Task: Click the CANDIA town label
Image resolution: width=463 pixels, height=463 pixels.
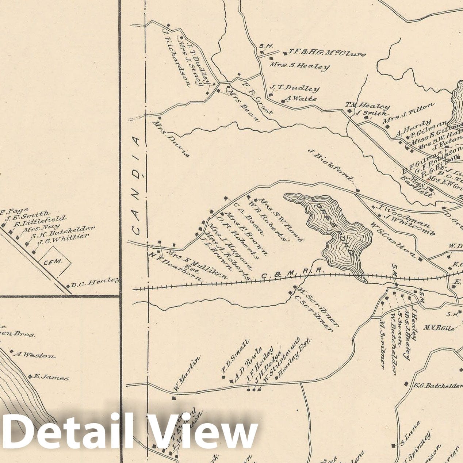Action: [135, 186]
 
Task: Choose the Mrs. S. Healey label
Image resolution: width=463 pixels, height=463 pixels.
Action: [299, 66]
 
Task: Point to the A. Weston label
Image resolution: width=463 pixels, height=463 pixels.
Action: [34, 355]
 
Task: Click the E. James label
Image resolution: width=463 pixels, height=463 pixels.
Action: [51, 377]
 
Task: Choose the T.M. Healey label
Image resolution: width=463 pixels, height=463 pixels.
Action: [367, 106]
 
